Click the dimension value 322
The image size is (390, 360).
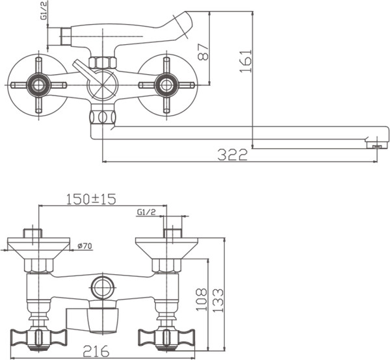(x=233, y=155)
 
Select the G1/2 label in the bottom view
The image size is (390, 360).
(x=146, y=212)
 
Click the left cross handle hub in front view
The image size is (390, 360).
(x=38, y=84)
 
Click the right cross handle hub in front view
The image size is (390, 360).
(x=167, y=84)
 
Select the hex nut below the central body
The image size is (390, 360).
(x=102, y=117)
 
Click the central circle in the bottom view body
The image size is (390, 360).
(x=102, y=286)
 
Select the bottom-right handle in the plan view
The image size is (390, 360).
(x=167, y=337)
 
